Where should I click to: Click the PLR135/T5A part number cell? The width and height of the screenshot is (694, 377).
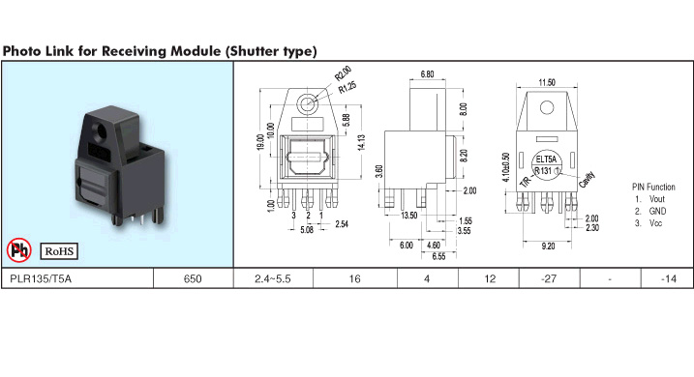click(77, 278)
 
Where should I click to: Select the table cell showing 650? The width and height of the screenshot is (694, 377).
click(193, 278)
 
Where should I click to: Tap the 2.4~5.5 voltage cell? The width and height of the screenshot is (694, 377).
click(273, 278)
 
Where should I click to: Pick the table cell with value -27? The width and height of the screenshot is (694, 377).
click(549, 278)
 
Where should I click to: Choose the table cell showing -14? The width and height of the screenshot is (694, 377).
click(668, 278)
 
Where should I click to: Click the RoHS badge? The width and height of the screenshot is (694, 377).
click(59, 251)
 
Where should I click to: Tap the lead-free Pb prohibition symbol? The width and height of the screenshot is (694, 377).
click(19, 250)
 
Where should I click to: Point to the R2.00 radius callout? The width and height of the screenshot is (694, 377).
click(343, 73)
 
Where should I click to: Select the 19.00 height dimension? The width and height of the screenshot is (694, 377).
click(260, 142)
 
